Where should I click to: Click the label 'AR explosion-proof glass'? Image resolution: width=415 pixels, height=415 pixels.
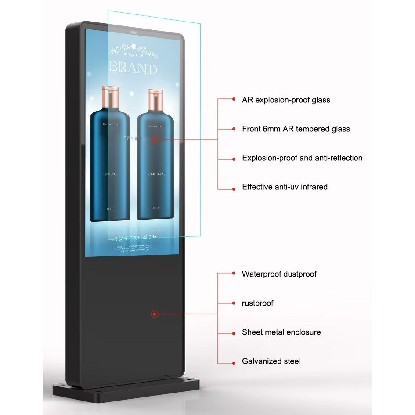tap(286, 100)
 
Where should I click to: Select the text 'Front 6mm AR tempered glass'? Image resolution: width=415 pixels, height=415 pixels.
tap(296, 129)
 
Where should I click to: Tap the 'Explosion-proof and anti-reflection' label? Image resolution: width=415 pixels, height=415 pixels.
tap(302, 158)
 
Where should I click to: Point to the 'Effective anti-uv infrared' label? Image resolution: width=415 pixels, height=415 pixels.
tap(285, 187)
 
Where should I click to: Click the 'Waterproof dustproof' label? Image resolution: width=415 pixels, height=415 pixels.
tap(279, 274)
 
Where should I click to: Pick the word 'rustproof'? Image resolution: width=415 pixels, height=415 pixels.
tap(258, 303)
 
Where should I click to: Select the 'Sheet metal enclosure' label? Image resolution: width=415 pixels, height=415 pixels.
tap(281, 332)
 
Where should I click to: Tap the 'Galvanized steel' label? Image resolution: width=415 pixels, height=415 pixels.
tap(271, 361)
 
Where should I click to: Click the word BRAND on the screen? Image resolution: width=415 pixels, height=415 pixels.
tap(133, 69)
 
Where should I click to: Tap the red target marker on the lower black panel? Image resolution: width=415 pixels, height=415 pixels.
tap(155, 314)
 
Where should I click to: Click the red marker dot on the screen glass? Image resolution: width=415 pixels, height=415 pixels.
tap(155, 140)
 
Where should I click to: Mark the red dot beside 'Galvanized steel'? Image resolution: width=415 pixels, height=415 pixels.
tap(234, 363)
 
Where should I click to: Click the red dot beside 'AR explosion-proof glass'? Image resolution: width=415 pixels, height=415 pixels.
tap(234, 100)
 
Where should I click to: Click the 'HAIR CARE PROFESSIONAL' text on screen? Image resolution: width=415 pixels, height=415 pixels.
tap(133, 237)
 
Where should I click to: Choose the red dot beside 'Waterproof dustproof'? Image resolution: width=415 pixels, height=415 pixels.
tap(234, 273)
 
